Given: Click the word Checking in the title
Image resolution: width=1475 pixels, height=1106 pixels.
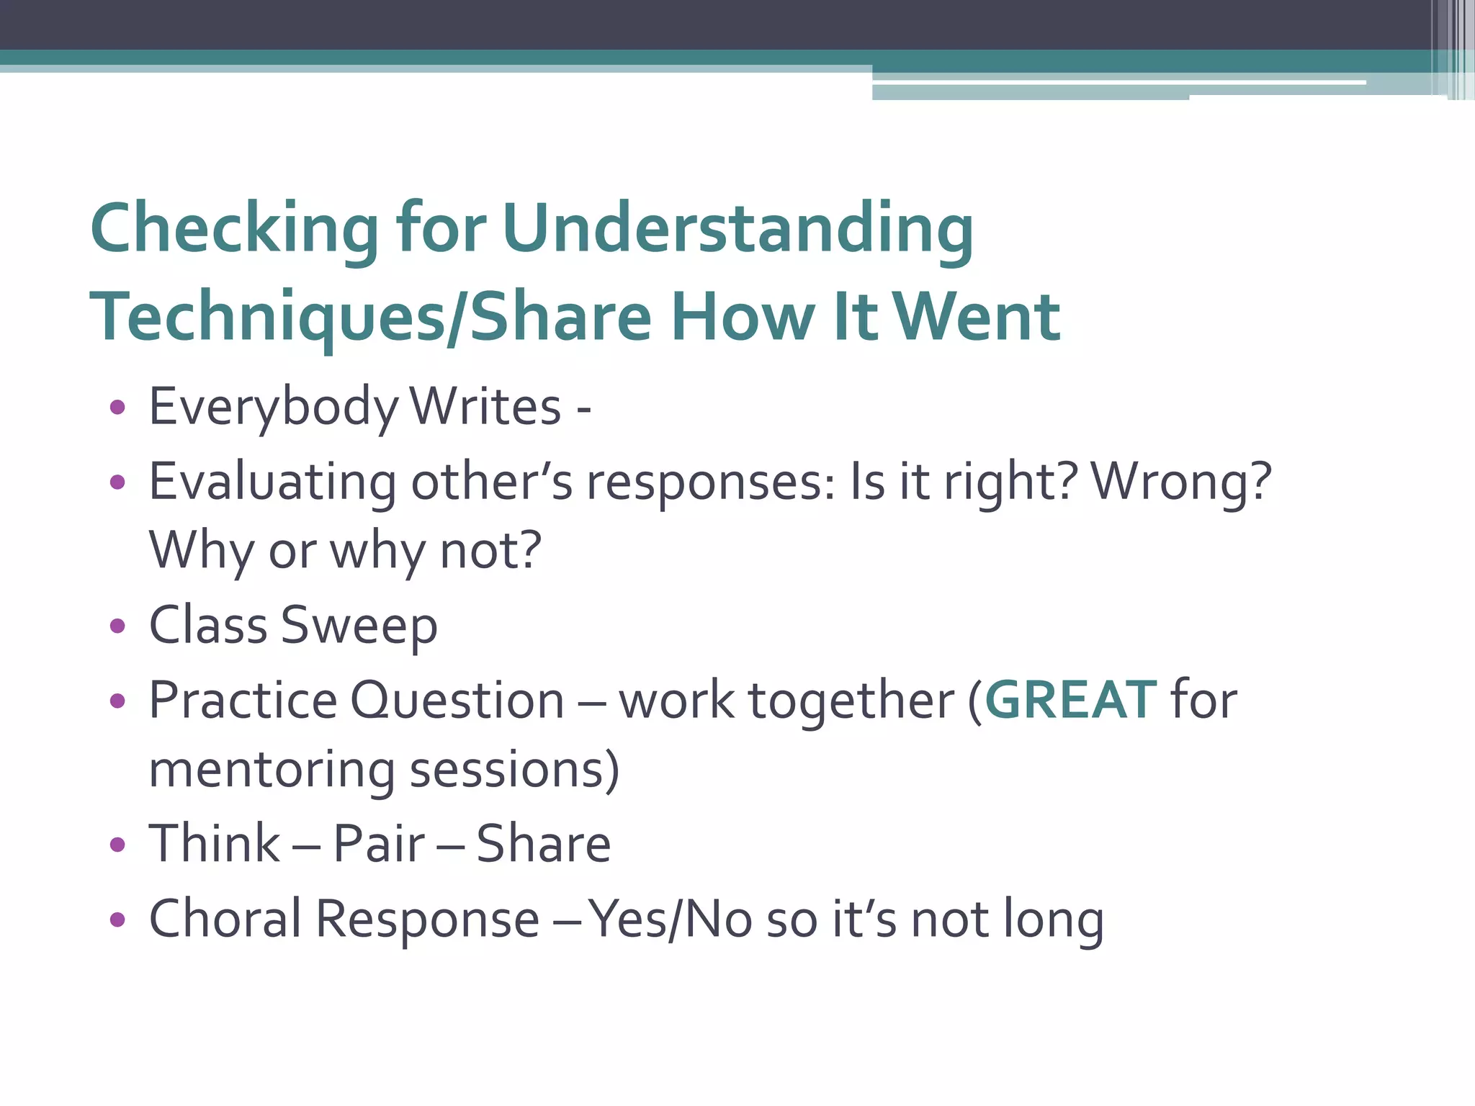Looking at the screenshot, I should tap(234, 229).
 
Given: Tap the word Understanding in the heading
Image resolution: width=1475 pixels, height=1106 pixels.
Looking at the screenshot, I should tap(737, 229).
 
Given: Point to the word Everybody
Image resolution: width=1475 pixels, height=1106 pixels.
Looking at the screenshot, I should tap(273, 408).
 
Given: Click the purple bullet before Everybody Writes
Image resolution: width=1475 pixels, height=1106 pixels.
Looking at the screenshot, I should tap(117, 408).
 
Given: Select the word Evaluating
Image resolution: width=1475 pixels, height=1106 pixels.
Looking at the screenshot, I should tap(272, 482).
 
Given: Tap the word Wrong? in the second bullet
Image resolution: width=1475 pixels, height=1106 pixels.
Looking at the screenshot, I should tap(1181, 482).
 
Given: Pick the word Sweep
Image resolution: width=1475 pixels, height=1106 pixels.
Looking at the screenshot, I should tap(359, 626).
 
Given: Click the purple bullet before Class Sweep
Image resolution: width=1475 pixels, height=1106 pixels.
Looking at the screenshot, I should tap(117, 626).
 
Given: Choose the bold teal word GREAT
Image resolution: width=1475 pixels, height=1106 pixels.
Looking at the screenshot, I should tap(1070, 700).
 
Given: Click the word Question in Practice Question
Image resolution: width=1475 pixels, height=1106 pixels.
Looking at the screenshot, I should tap(457, 700).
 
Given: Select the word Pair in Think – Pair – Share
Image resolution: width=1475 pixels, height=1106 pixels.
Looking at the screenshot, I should tap(379, 844).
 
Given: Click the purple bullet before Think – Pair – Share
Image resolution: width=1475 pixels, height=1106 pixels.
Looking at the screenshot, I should tap(117, 845).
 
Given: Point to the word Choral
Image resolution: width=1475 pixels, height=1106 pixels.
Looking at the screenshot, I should tap(225, 919).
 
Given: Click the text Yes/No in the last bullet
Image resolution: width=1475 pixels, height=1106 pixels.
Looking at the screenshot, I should tap(670, 920).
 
